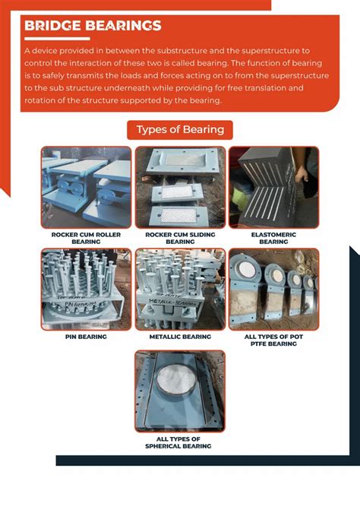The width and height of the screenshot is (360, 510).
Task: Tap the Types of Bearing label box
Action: coord(179,129)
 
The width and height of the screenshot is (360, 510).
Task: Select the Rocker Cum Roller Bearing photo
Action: coord(86,186)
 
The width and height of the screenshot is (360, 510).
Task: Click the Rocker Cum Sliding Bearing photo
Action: coord(180,186)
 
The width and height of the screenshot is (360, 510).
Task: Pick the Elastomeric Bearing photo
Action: coord(273,186)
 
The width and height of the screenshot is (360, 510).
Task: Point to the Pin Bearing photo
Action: coord(86,289)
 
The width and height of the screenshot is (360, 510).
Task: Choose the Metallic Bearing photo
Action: coord(180,289)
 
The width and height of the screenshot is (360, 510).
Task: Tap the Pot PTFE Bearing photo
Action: coord(273,289)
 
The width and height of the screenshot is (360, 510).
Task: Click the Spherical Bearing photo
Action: coord(180,391)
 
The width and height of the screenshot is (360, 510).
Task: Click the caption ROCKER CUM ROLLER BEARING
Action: coord(86,238)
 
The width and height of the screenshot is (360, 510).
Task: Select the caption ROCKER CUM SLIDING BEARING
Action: coord(180,238)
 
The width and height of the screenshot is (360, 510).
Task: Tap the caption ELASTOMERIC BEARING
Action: coord(273,238)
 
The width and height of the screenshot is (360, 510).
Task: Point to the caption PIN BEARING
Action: coord(86,336)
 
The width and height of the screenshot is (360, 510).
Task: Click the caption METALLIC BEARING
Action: coord(180,336)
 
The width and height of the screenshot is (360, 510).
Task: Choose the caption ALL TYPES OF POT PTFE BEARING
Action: coord(273,340)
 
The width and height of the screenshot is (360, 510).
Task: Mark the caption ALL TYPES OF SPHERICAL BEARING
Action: coord(180,442)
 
